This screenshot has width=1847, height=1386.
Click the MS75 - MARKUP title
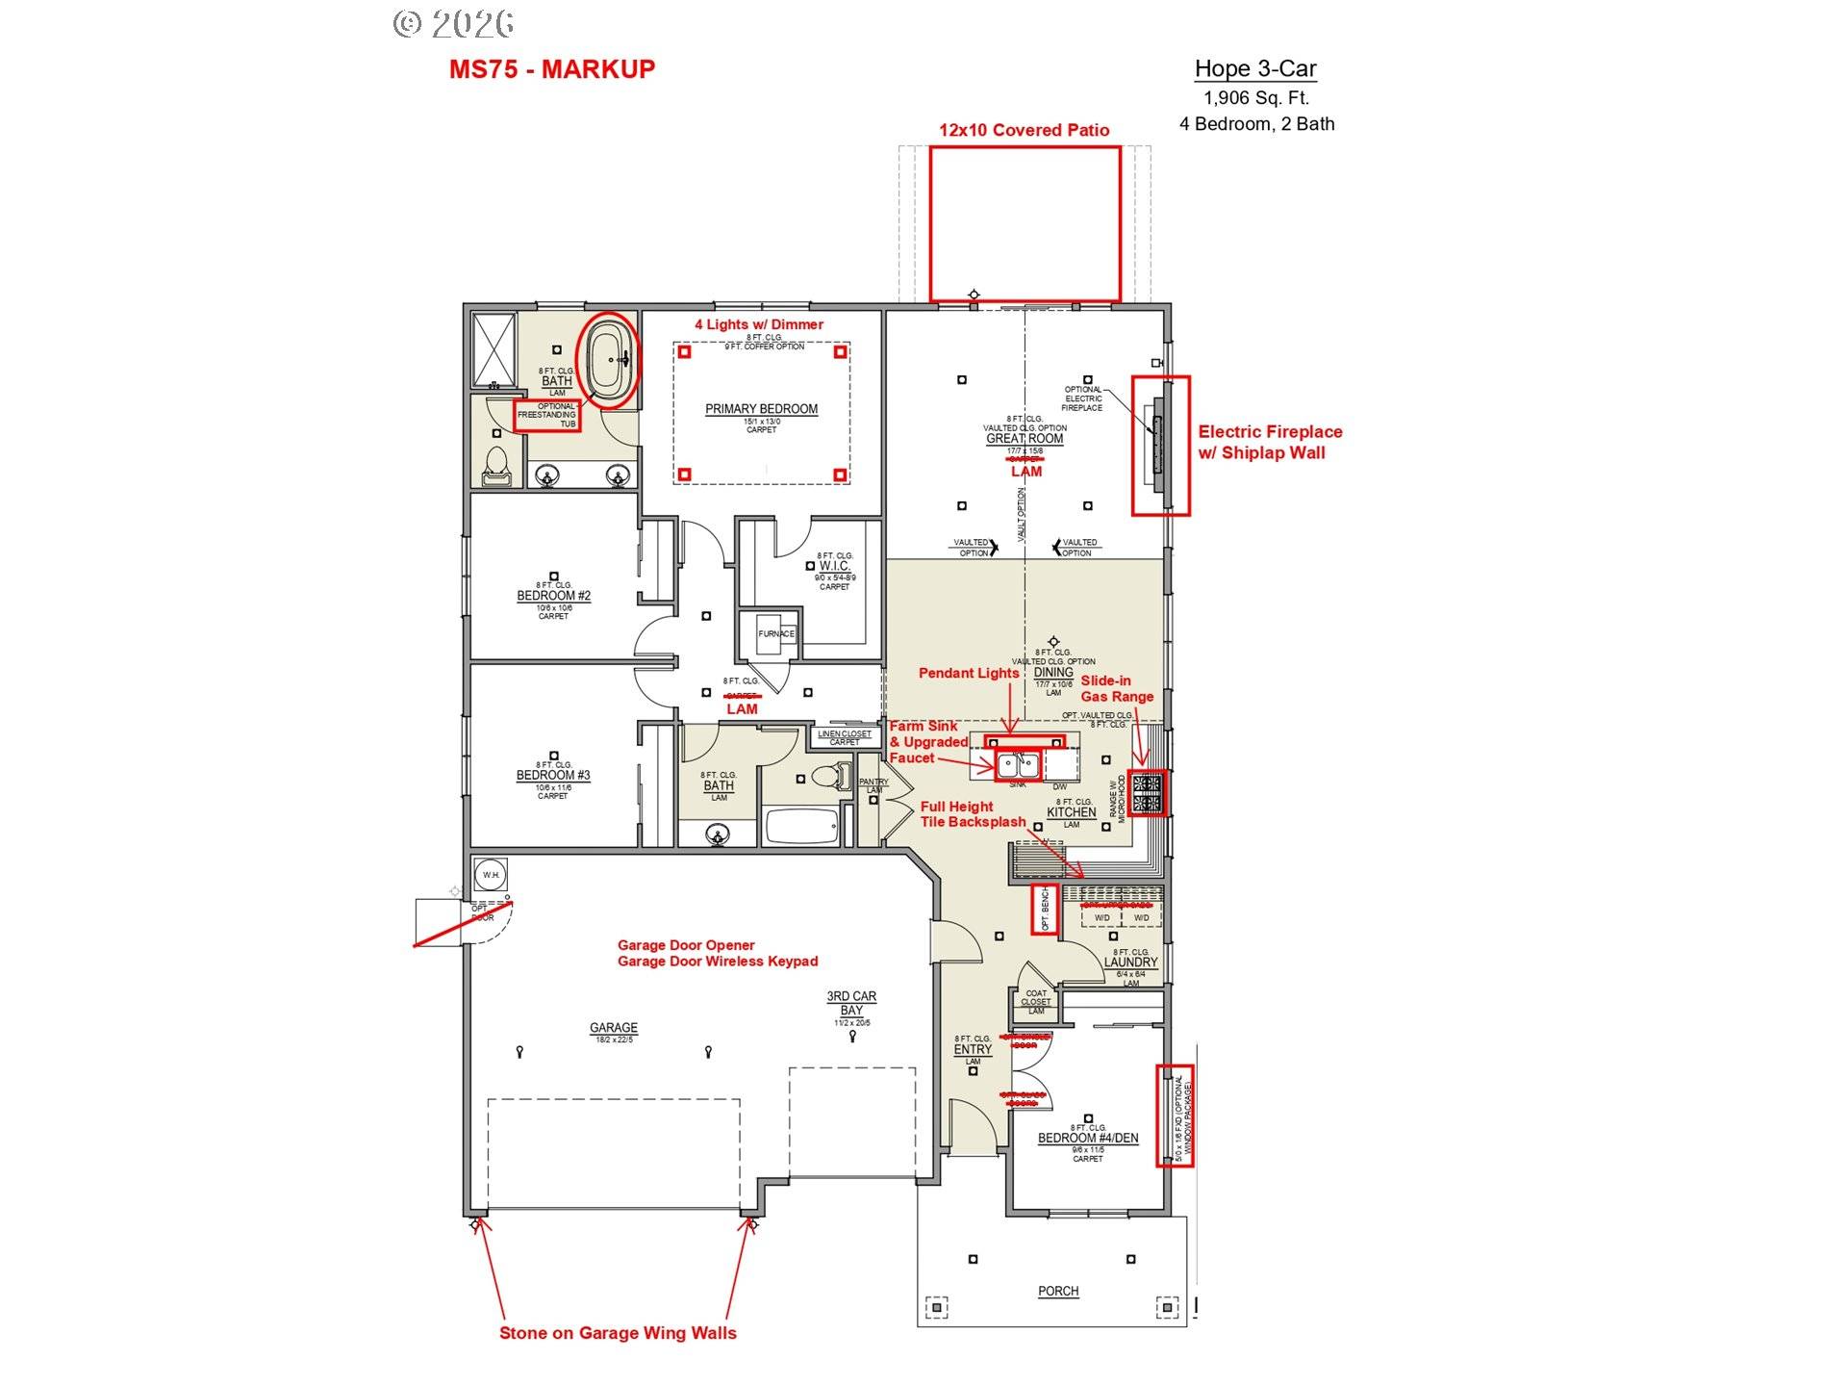click(x=551, y=69)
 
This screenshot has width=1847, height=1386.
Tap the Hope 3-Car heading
click(x=1254, y=68)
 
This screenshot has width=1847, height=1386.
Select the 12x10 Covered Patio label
click(x=1024, y=130)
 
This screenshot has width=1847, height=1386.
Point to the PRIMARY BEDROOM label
click(x=761, y=409)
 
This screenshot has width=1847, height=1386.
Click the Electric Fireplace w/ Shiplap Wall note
click(x=1269, y=442)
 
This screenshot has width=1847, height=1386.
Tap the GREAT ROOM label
click(x=1025, y=439)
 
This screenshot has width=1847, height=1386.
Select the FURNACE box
click(x=775, y=633)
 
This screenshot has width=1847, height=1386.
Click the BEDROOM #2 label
click(x=553, y=596)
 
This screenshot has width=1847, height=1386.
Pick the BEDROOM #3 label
click(x=553, y=775)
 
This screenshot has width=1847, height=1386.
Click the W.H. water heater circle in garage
click(x=492, y=875)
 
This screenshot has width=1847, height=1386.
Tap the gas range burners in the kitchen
click(x=1147, y=793)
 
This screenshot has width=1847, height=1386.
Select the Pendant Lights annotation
click(x=968, y=673)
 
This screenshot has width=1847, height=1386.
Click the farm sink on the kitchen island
click(x=1017, y=766)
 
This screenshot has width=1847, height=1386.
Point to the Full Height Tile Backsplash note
click(x=972, y=814)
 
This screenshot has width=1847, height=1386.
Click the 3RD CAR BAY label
click(x=851, y=1003)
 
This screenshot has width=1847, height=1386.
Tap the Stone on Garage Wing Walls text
click(x=618, y=1333)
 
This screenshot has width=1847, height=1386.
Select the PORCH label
click(x=1058, y=1291)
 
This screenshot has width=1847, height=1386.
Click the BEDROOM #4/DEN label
click(x=1087, y=1138)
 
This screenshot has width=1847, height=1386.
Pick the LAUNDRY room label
click(x=1130, y=962)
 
